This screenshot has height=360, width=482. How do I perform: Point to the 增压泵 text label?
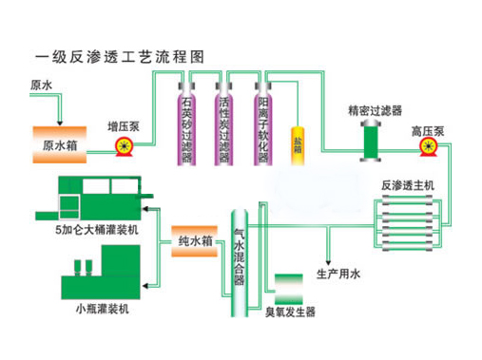123,123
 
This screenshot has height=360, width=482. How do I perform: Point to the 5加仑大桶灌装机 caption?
93,228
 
